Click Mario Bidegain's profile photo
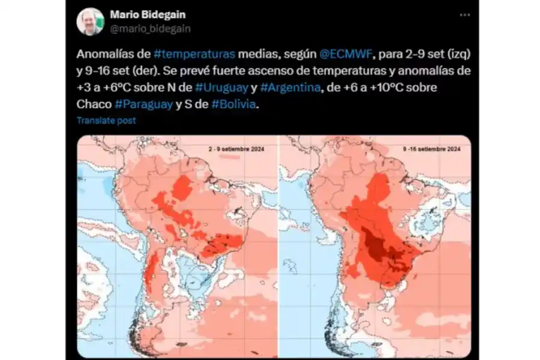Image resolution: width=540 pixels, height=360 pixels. click(x=90, y=22)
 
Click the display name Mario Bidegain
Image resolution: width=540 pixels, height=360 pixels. click(x=148, y=14)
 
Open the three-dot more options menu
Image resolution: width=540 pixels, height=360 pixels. click(x=464, y=15)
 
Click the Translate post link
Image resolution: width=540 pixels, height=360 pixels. click(x=106, y=120)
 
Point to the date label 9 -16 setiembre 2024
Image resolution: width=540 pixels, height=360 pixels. click(x=430, y=148)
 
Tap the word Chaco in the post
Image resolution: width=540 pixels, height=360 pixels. click(x=94, y=103)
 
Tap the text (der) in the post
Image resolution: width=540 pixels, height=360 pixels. click(x=139, y=70)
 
